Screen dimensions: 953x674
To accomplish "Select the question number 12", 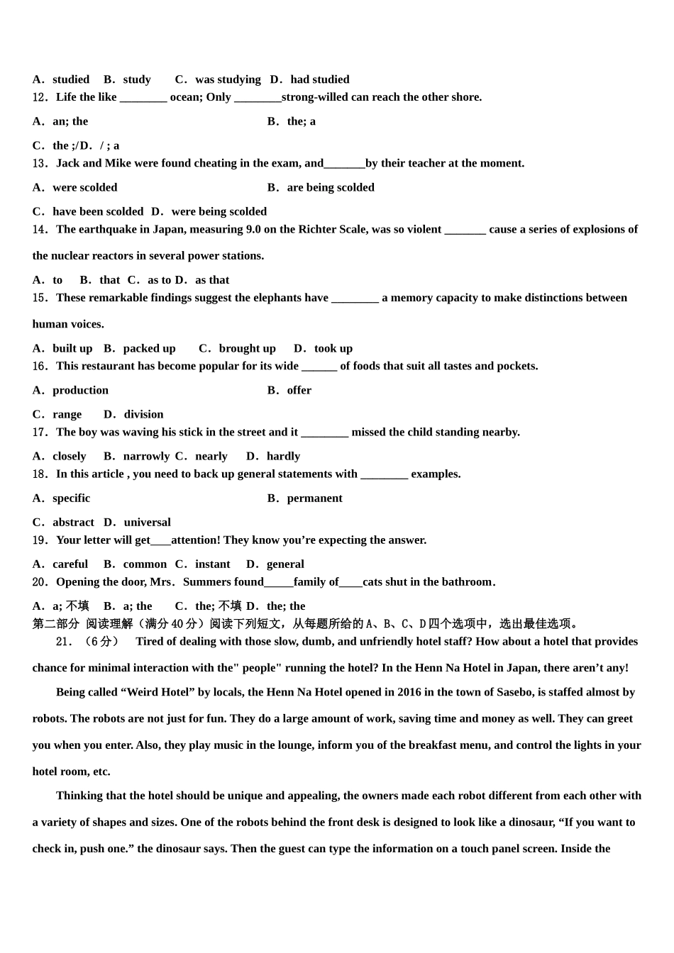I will click(40, 97).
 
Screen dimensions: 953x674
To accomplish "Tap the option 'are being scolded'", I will click(331, 187).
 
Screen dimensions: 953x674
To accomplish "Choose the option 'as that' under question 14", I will click(212, 280).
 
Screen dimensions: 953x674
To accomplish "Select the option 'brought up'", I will click(247, 348).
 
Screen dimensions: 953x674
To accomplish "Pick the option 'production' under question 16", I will click(80, 390).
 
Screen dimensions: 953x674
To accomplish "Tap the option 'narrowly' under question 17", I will click(146, 456).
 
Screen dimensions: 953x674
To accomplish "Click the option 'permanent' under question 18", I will click(314, 498).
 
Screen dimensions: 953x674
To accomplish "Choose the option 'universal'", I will click(147, 522).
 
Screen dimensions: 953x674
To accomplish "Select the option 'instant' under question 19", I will click(212, 564).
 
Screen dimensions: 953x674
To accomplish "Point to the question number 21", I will click(64, 642).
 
